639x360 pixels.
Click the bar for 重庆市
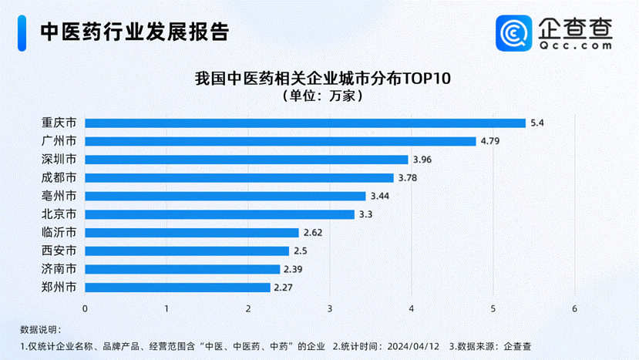coord(304,123)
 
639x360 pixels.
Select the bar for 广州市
coord(281,141)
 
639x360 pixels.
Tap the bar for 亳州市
coord(225,196)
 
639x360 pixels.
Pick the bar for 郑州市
coord(177,288)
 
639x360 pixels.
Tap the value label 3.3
coord(365,214)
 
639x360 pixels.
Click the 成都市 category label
coord(59,178)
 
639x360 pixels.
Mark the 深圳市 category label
coord(59,160)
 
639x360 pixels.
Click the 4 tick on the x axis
coord(412,309)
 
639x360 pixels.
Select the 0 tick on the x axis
coord(85,309)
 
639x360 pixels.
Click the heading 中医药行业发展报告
coord(135,32)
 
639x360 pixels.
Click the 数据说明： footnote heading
coord(39,330)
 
